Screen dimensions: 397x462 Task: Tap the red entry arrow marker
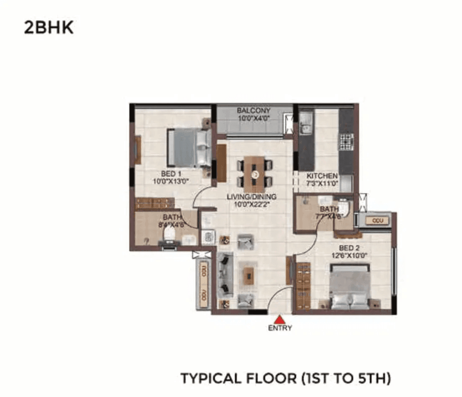tap(280, 319)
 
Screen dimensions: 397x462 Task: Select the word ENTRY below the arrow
tap(280, 328)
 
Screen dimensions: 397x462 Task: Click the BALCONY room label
tap(254, 110)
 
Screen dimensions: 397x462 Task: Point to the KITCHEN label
tap(322, 176)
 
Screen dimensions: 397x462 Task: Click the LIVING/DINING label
tap(252, 196)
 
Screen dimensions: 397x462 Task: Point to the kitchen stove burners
tap(346, 142)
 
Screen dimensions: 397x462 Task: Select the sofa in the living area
tap(225, 275)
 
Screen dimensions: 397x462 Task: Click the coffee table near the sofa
tap(248, 275)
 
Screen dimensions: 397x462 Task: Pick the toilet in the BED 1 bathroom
tap(170, 234)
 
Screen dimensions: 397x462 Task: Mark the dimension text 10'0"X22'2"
tap(252, 204)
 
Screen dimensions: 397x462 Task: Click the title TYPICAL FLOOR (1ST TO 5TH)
tap(286, 379)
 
